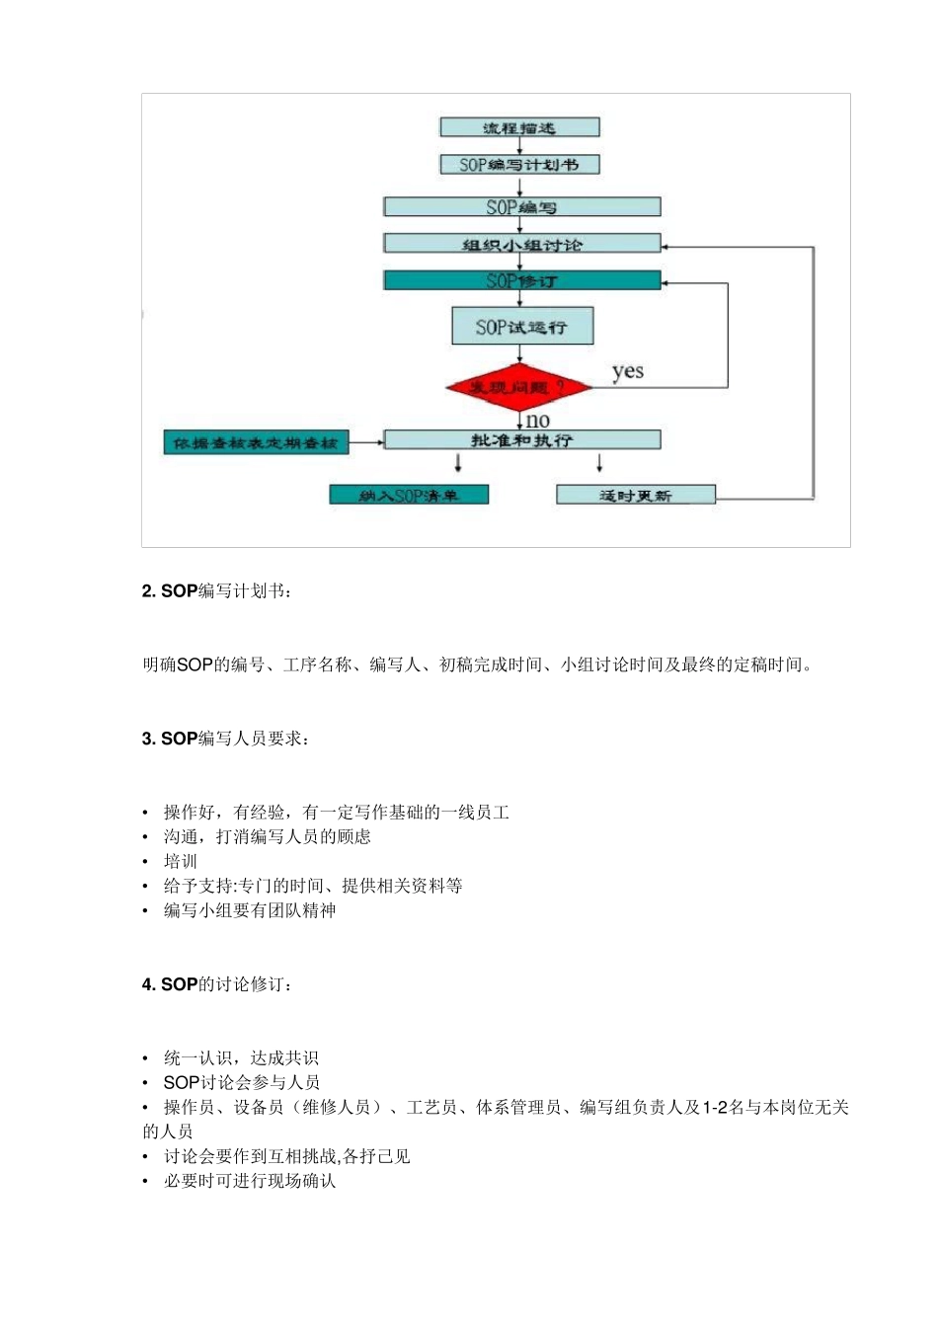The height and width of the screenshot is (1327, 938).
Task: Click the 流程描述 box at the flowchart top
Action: point(519,127)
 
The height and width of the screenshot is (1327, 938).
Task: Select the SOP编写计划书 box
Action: point(519,165)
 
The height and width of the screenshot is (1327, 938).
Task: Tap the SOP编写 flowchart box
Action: point(521,207)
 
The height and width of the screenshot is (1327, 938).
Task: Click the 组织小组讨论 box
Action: point(521,244)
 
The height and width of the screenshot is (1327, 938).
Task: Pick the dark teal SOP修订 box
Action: point(521,281)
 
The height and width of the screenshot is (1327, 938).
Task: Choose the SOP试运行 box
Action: point(521,327)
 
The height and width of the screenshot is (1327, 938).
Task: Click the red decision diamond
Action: point(518,387)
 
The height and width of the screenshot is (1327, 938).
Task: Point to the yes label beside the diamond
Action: point(627,372)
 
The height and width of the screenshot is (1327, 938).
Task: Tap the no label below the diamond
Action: point(538,421)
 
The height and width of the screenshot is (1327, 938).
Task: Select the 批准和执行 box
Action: point(521,440)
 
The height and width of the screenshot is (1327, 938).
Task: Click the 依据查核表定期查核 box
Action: point(256,443)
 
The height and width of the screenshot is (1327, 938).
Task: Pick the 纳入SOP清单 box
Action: point(409,495)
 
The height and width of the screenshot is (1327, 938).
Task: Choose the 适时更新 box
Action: point(635,495)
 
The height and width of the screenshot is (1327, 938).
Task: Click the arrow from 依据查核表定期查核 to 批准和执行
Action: point(366,442)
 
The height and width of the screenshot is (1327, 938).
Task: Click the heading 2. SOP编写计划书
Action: point(216,591)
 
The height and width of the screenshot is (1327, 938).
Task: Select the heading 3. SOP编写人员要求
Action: point(225,739)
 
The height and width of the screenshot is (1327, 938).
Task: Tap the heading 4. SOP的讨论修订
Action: point(216,984)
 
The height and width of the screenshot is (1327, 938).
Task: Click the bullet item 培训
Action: point(181,861)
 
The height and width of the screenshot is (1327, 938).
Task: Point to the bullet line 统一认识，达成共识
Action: point(241,1058)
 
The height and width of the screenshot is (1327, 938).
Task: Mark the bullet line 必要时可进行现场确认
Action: point(250,1181)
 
